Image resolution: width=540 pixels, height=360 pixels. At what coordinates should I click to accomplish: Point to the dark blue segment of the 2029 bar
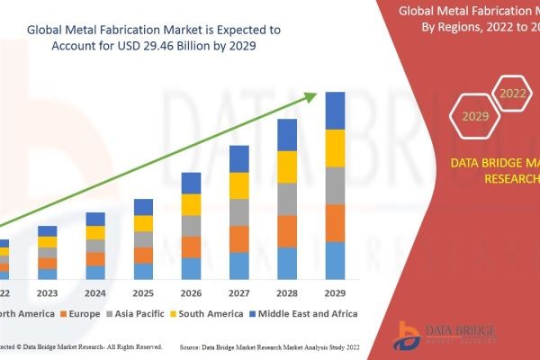[335, 111]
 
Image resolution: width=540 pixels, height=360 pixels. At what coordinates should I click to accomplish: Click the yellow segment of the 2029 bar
[335, 148]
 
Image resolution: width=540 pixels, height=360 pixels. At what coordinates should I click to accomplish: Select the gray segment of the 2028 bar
[287, 199]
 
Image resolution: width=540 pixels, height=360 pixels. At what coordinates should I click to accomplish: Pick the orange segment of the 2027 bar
[238, 238]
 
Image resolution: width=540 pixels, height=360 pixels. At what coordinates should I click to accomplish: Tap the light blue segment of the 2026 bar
[191, 268]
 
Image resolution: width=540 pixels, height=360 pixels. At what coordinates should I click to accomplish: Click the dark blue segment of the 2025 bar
[143, 207]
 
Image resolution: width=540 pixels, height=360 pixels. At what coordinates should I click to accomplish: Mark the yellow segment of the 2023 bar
[47, 241]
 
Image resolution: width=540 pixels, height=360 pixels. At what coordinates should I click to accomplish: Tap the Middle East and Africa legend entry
[305, 313]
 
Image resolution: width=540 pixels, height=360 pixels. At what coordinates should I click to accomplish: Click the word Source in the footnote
[194, 346]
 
